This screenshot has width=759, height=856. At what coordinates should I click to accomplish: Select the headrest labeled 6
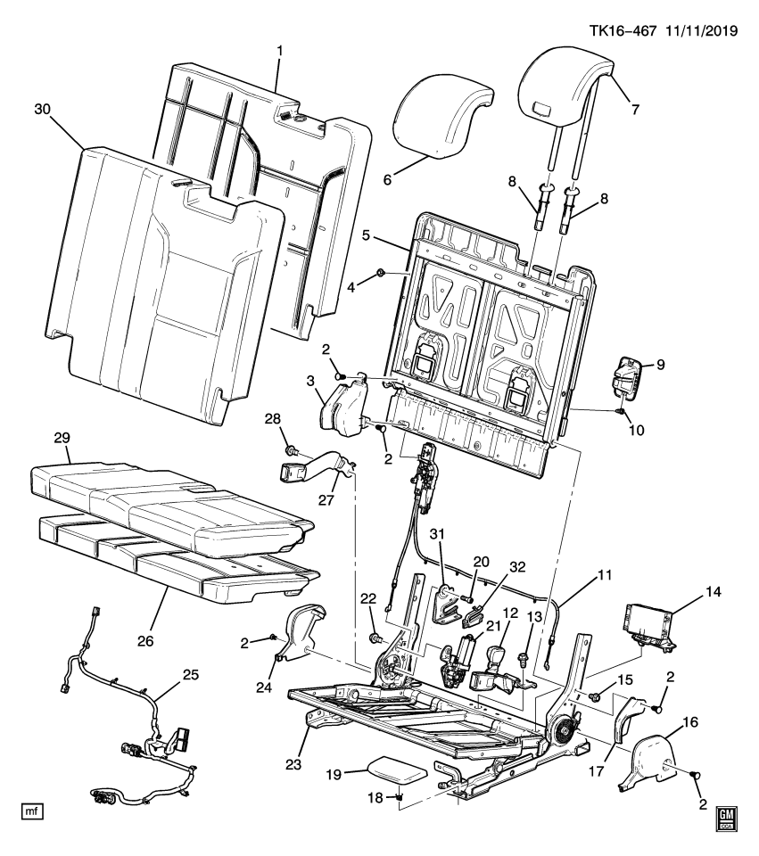(x=441, y=114)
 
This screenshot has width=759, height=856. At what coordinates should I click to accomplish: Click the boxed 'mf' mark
(x=32, y=811)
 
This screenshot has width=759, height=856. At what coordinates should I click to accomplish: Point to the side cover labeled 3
(x=343, y=406)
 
